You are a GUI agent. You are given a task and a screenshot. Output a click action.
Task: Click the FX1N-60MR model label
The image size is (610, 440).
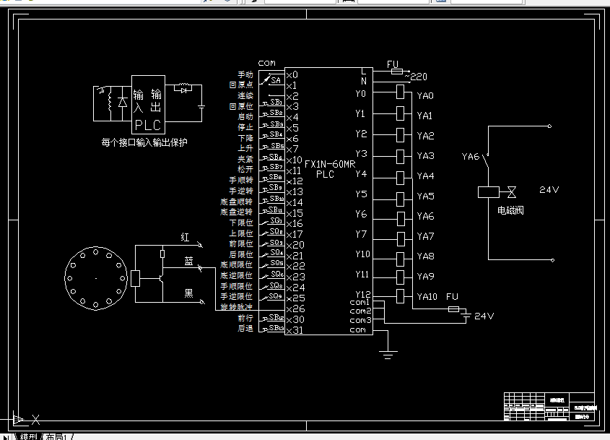tap(330, 165)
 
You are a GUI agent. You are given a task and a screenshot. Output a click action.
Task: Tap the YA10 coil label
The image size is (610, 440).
tap(427, 297)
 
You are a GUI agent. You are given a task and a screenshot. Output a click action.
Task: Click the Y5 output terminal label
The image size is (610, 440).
tap(361, 194)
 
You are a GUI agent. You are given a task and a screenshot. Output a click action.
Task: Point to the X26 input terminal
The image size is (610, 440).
tap(295, 309)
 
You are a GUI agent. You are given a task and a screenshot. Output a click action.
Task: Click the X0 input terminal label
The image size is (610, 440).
tap(292, 74)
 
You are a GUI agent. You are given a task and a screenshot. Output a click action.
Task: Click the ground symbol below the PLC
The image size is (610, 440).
tap(388, 353)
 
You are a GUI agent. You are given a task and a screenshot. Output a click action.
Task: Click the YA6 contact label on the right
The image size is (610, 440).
tap(471, 156)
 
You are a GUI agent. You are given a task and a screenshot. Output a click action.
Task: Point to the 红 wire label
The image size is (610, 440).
tap(185, 237)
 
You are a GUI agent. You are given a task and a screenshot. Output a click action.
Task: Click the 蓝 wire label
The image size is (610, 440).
tap(188, 262)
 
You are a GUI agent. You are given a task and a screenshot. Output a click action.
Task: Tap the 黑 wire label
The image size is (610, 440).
tap(188, 293)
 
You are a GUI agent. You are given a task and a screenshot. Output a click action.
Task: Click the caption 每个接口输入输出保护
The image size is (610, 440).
tap(144, 142)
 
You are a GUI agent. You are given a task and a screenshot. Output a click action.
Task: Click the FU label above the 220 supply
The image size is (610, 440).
tap(393, 65)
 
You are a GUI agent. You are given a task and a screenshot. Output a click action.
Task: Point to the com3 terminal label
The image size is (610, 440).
tap(360, 320)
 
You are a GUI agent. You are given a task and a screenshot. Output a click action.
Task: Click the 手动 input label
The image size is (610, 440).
tap(245, 74)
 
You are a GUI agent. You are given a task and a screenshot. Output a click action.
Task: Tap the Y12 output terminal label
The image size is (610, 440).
tap(362, 294)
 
